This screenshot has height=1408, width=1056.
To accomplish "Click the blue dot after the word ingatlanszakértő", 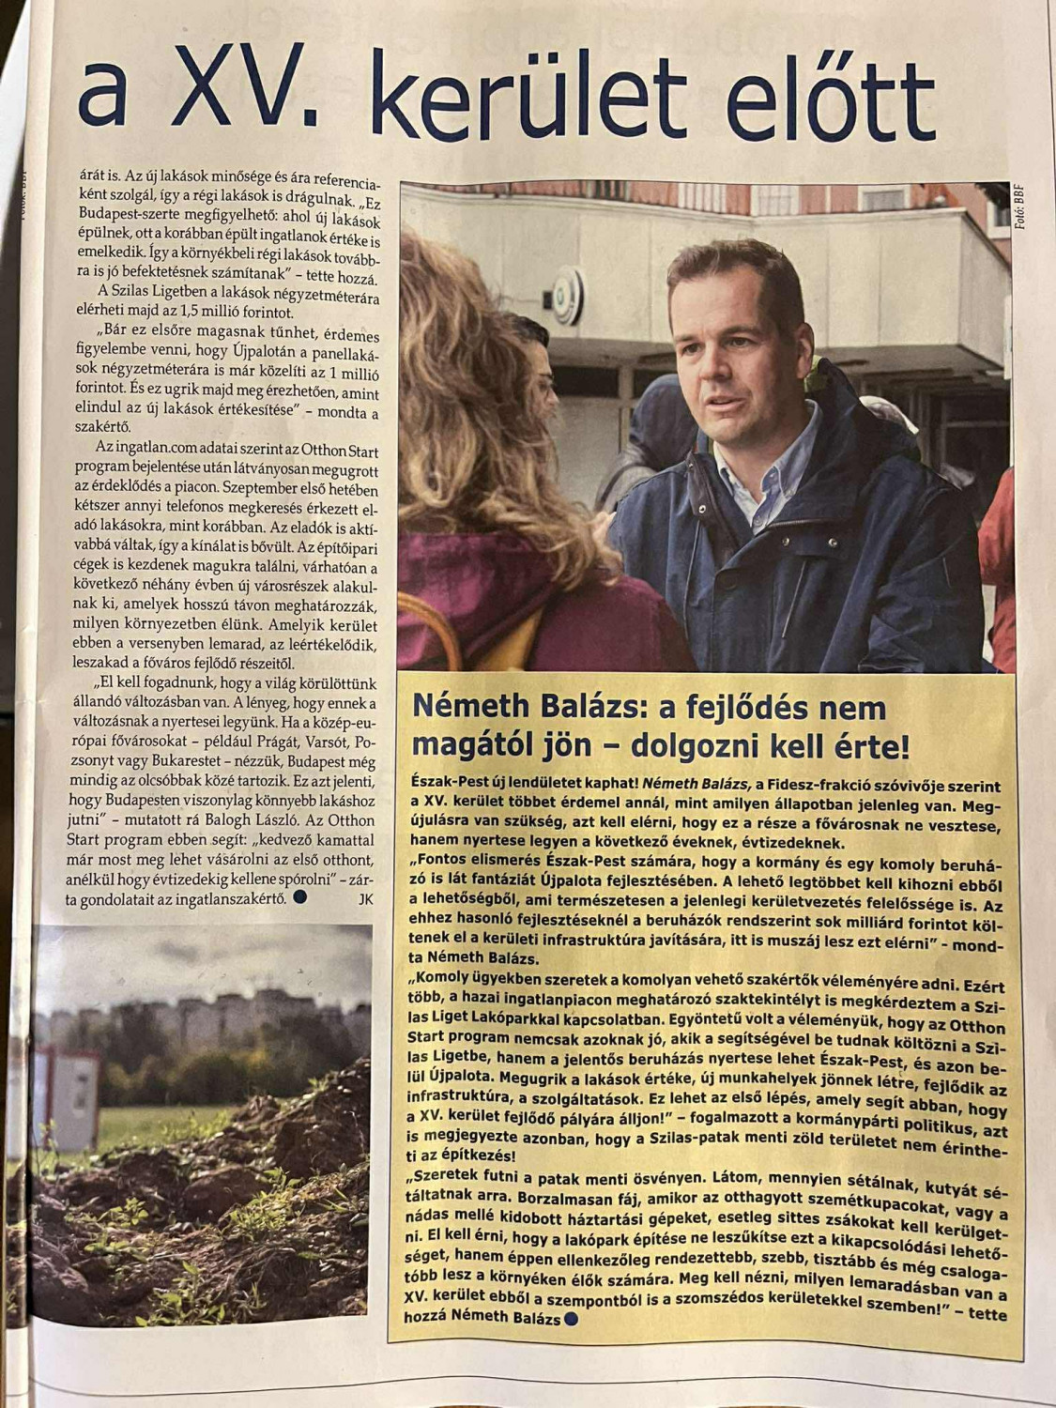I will [300, 897].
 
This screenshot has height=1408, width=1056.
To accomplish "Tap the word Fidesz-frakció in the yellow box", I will [819, 785].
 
